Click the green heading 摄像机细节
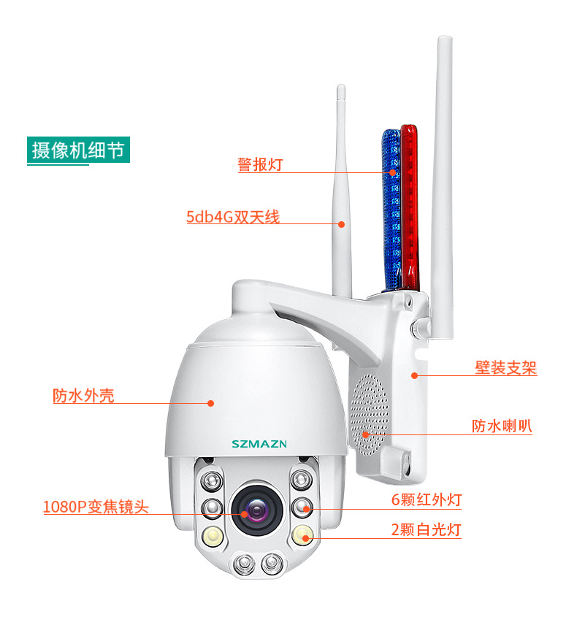point(78,150)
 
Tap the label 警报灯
point(260,164)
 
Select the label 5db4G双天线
point(233,217)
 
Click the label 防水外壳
point(83,396)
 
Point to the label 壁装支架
point(505,368)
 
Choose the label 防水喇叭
point(502,426)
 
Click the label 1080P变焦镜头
point(96,507)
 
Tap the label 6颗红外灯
point(427,499)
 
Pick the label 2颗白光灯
point(427,529)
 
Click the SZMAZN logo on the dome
point(259,444)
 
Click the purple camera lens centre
point(256,510)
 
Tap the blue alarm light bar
point(391,210)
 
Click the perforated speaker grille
point(369,414)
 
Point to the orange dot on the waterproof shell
point(210,403)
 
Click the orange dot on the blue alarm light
point(392,172)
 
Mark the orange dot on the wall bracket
point(414,375)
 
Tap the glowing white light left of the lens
point(213,535)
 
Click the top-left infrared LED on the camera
point(212,481)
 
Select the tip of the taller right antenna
point(445,37)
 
